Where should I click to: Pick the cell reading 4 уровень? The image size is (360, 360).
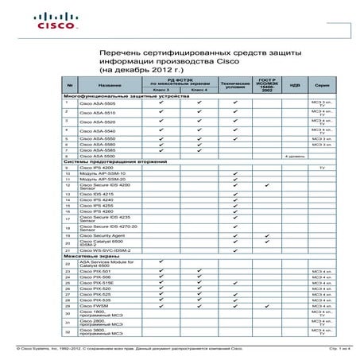coord(296,157)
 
